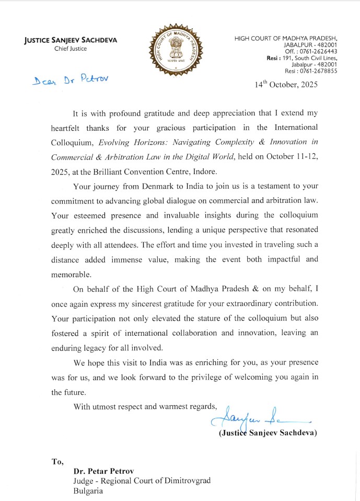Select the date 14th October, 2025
point(286,84)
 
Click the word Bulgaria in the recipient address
point(88,491)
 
